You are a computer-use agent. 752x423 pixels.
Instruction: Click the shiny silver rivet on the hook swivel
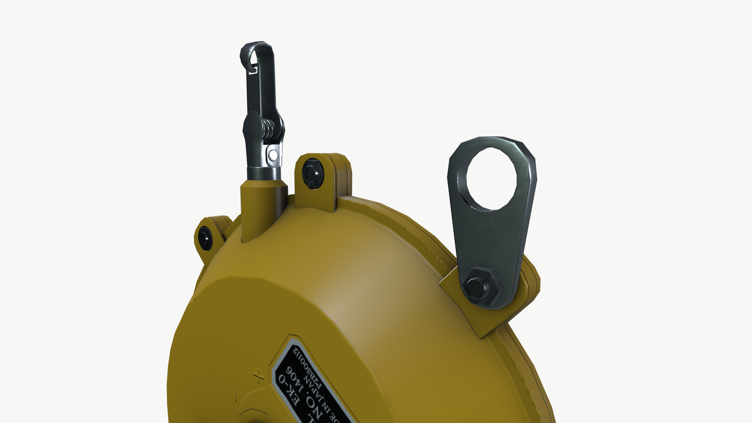[273, 155]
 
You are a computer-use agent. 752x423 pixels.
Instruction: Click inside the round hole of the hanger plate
[491, 179]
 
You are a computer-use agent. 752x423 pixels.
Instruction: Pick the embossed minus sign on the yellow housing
[236, 396]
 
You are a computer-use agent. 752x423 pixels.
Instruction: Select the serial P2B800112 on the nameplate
[309, 368]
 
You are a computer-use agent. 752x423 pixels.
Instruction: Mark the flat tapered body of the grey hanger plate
[490, 236]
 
